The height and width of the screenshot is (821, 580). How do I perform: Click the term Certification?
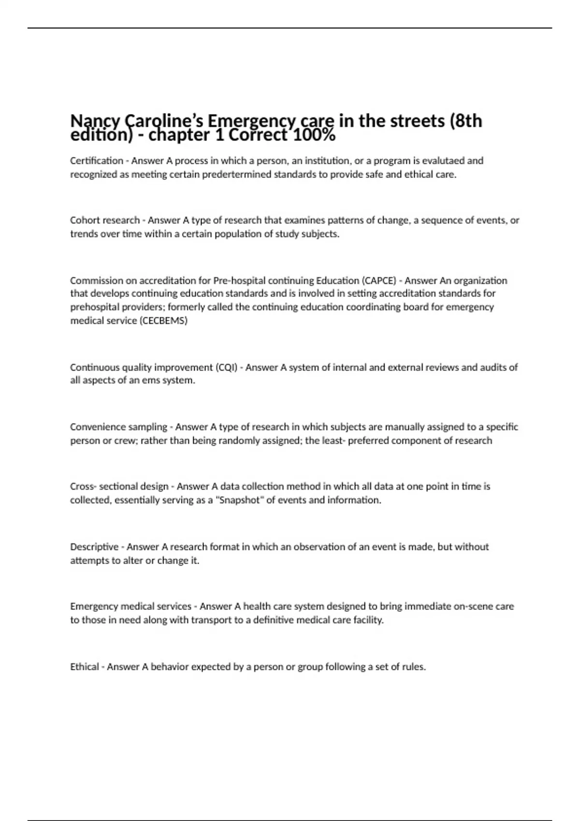coord(97,160)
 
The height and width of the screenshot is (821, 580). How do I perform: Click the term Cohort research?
coord(105,220)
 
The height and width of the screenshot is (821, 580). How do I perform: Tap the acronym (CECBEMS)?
coord(163,321)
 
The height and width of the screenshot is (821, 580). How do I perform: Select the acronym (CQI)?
coord(226,368)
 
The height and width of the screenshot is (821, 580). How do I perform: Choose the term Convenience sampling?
coord(118,427)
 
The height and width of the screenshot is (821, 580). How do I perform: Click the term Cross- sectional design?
coord(119,486)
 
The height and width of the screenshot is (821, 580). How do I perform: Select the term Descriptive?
coord(94,547)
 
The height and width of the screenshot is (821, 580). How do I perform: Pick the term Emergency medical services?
coord(130,606)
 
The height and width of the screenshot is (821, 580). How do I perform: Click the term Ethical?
coord(85,667)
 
